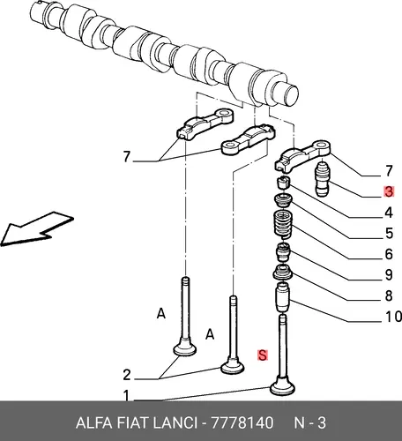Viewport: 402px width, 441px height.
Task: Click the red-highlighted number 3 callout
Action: (x=389, y=191)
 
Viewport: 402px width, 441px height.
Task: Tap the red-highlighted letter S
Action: (x=262, y=355)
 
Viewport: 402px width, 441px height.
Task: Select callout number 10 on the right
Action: (x=393, y=317)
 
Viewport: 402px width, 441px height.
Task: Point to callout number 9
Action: (x=389, y=275)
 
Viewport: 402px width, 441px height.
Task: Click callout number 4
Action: (x=389, y=213)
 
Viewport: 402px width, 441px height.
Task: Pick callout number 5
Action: (x=389, y=234)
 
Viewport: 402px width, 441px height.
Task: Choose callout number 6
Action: (x=389, y=254)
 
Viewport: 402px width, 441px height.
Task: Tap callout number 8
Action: (x=389, y=295)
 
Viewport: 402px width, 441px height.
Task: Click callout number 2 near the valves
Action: (x=126, y=375)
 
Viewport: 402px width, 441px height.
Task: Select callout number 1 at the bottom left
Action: (x=126, y=395)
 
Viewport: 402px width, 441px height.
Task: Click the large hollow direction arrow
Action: (x=37, y=228)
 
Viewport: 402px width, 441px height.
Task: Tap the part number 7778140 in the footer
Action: (x=242, y=423)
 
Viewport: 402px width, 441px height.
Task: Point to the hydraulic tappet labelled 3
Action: (x=322, y=178)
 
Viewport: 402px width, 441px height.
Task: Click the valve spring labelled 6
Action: (x=283, y=224)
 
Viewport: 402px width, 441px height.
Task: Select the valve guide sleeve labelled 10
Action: (x=282, y=297)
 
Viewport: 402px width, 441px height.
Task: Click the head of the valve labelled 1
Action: (x=282, y=386)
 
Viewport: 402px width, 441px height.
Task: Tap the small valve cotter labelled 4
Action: (x=284, y=183)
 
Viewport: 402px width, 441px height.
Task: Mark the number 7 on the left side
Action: (x=126, y=156)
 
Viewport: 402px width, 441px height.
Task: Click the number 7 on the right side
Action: (x=389, y=171)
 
